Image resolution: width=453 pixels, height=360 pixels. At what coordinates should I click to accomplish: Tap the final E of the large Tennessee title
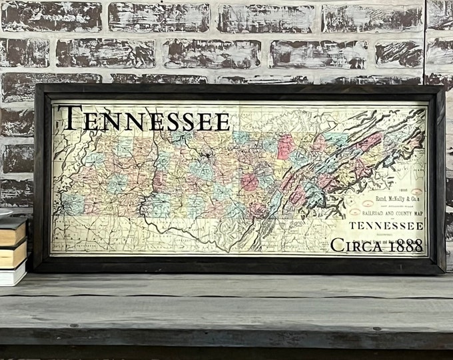221,121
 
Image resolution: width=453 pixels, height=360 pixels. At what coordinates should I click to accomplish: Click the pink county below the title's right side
285,147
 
